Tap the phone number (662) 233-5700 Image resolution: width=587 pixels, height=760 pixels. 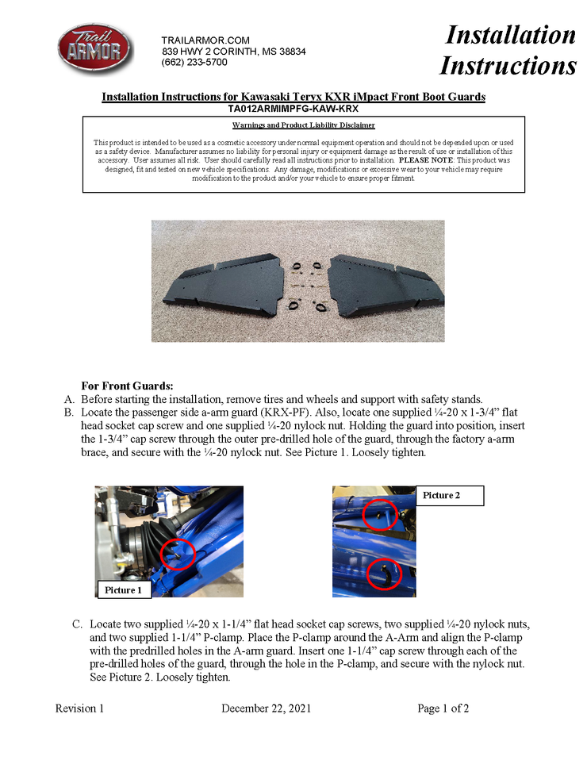tap(194, 62)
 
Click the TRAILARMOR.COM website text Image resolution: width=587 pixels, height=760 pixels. tap(205, 40)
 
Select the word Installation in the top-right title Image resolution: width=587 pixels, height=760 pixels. tap(510, 34)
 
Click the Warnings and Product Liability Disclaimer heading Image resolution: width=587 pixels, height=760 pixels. tap(304, 125)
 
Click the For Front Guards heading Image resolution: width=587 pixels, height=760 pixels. tap(127, 386)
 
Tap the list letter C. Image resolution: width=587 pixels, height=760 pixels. tap(77, 624)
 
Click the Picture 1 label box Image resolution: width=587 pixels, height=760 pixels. tap(124, 590)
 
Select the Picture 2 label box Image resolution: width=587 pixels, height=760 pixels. tap(450, 495)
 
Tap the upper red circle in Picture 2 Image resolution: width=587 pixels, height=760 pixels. tap(380, 516)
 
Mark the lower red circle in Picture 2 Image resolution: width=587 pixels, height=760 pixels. tap(385, 572)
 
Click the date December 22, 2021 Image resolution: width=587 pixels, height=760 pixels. tap(266, 708)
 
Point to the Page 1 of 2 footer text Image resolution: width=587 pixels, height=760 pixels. tap(443, 708)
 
